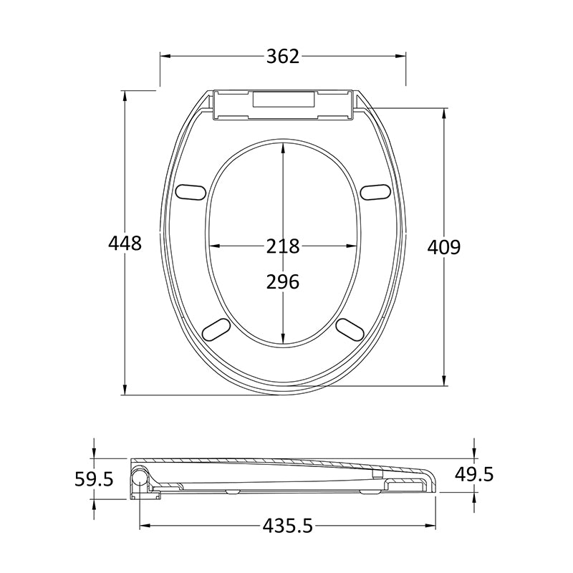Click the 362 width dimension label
pos(283,57)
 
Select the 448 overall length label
pos(125,243)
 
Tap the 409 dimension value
pos(444,247)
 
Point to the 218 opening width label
pos(283,246)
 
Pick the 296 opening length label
pos(283,281)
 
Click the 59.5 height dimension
pos(95,479)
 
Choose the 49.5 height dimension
pos(474,474)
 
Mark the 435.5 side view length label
pos(288,526)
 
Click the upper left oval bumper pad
pos(191,192)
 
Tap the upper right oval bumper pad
pos(375,192)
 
